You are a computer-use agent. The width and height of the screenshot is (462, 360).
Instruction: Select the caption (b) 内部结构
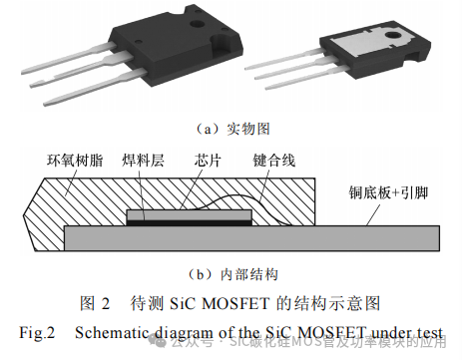[231, 274]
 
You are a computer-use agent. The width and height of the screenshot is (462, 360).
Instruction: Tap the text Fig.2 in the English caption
[36, 328]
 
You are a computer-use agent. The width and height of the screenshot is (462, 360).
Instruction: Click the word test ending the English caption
[426, 328]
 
